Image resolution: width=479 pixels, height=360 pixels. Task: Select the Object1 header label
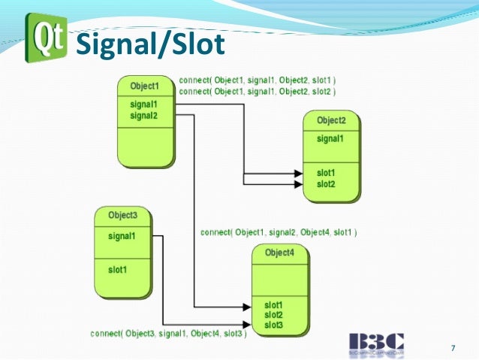pyautogui.click(x=145, y=86)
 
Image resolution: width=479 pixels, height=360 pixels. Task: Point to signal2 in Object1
pyautogui.click(x=144, y=115)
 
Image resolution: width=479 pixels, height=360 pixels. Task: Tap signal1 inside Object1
pyautogui.click(x=144, y=105)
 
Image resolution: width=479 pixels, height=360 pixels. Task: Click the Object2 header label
pyautogui.click(x=331, y=120)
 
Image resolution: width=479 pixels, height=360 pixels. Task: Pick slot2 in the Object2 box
pyautogui.click(x=326, y=184)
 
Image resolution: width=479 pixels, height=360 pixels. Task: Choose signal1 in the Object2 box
pyautogui.click(x=330, y=138)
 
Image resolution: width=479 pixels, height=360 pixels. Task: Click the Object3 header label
pyautogui.click(x=123, y=216)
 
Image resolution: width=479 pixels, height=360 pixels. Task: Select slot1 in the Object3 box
pyautogui.click(x=119, y=268)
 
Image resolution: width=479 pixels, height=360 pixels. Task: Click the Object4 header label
pyautogui.click(x=280, y=253)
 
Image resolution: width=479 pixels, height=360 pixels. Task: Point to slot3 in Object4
pyautogui.click(x=273, y=324)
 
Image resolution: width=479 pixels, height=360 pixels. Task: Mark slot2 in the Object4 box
pyautogui.click(x=273, y=314)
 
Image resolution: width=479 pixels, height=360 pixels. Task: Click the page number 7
pyautogui.click(x=453, y=347)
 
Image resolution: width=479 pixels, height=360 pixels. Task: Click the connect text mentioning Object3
pyautogui.click(x=168, y=333)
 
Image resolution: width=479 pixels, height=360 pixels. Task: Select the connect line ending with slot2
pyautogui.click(x=257, y=91)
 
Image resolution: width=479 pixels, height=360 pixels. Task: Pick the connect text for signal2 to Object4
pyautogui.click(x=279, y=232)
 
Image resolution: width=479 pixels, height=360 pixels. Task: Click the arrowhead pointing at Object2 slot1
pyautogui.click(x=297, y=174)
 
